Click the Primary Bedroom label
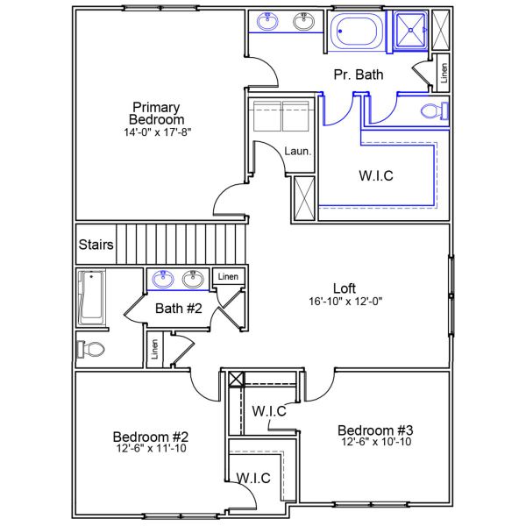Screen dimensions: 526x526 click(x=156, y=113)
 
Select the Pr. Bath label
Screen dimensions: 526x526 click(x=359, y=75)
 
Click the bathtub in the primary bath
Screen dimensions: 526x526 click(x=358, y=32)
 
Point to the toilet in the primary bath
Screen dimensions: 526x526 click(x=433, y=110)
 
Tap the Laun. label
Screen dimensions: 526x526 click(x=298, y=152)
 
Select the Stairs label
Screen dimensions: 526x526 click(x=96, y=245)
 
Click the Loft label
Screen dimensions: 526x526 click(x=345, y=288)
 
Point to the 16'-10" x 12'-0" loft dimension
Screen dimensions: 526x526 click(x=345, y=301)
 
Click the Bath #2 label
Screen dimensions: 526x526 click(x=179, y=309)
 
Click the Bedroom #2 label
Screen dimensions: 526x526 click(x=152, y=437)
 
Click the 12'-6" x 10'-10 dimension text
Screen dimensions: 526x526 click(x=375, y=443)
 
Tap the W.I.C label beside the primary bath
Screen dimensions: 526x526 click(x=375, y=176)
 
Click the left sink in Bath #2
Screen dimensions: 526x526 click(x=163, y=280)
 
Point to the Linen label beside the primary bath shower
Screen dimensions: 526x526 click(x=443, y=74)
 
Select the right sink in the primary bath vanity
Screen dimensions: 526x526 click(x=303, y=22)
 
